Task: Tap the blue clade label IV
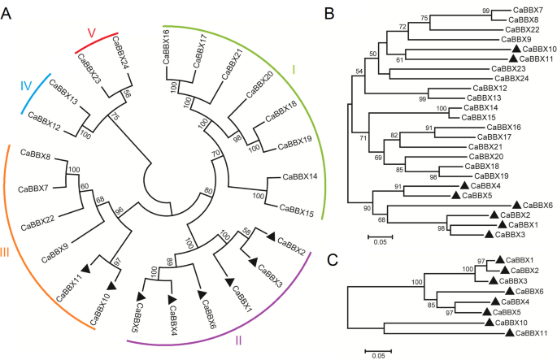coord(25,85)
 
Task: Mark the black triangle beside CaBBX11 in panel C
coord(509,332)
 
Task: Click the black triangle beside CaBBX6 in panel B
coord(517,205)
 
